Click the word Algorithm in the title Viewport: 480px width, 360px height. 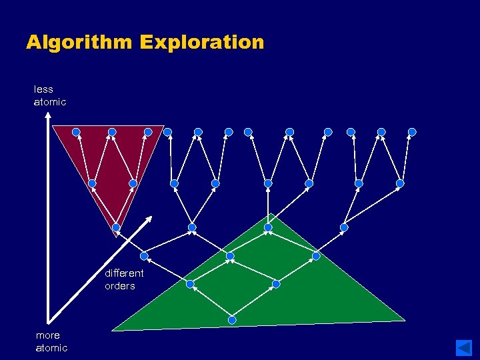(79, 43)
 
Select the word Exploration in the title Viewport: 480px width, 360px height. (202, 43)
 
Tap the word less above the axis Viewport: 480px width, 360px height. (43, 89)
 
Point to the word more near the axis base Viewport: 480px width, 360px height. (47, 335)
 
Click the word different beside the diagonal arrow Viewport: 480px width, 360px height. (124, 273)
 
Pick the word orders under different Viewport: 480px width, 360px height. (119, 286)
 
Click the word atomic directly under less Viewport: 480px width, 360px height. (50, 102)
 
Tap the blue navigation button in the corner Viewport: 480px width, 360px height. (464, 347)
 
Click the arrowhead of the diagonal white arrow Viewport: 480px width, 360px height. (151, 219)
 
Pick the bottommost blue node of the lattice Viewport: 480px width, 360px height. (232, 320)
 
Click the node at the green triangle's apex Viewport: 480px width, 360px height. (268, 227)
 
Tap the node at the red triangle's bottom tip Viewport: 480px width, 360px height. (116, 227)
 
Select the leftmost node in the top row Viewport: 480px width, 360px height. (76, 132)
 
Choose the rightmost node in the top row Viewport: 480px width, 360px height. (412, 132)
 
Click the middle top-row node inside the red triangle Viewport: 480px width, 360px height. (112, 132)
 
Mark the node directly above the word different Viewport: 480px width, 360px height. (144, 255)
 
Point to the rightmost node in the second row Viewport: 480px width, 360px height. (400, 183)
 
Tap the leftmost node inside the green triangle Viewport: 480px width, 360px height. (190, 284)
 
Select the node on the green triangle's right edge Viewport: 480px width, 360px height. (316, 255)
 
